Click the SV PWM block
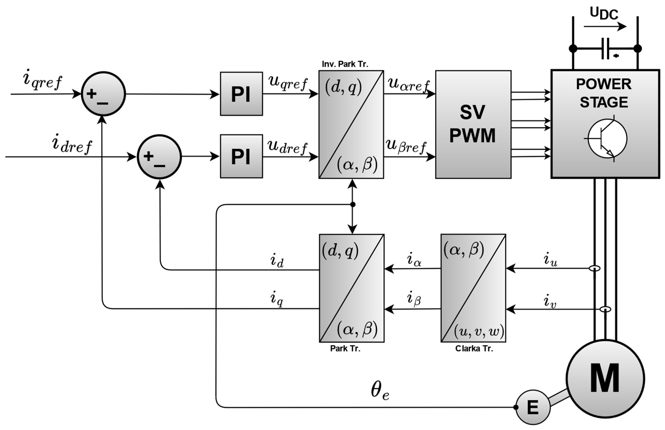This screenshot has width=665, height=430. (473, 125)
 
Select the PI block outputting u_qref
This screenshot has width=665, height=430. (241, 94)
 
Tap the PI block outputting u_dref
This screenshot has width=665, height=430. (241, 156)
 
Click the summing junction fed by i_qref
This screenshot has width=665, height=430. (103, 94)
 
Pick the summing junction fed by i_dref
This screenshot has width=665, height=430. (159, 157)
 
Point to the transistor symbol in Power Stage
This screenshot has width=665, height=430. (607, 138)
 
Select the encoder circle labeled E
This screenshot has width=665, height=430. (533, 407)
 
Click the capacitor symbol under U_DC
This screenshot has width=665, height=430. (605, 49)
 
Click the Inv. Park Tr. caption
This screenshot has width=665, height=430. (345, 64)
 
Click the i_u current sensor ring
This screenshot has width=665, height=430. (595, 268)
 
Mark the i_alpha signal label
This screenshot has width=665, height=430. (414, 260)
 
